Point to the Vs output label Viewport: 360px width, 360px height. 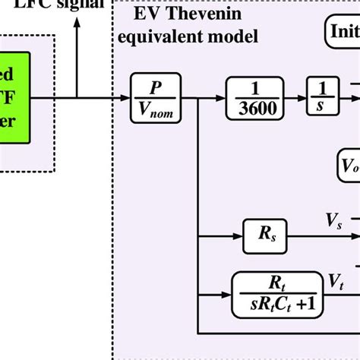[333, 221]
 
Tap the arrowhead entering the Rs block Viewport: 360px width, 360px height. [237, 235]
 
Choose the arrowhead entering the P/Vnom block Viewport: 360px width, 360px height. [127, 96]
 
